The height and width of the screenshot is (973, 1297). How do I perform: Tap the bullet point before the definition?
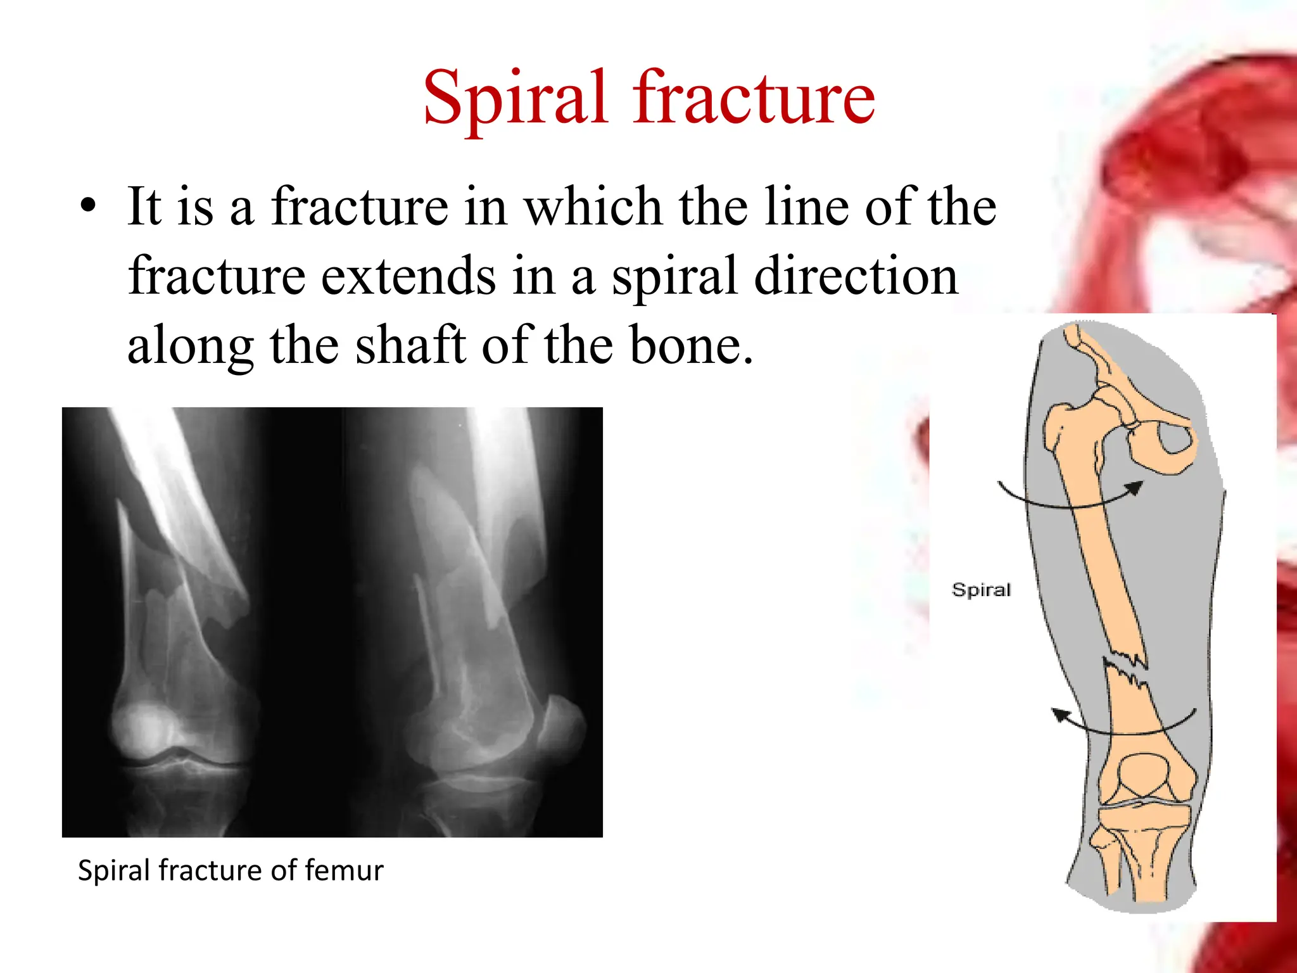coord(89,207)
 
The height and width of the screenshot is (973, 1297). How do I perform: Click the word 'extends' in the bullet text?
coord(408,276)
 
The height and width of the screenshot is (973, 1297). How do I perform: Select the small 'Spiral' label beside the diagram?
coord(981,590)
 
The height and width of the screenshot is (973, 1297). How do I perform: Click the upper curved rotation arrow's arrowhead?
coord(1137,487)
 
